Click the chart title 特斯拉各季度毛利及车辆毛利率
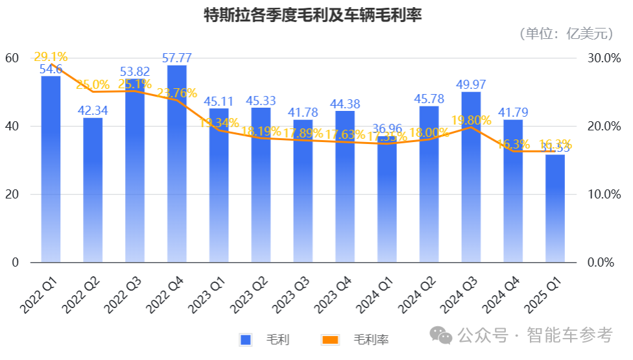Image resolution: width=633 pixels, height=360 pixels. [x=313, y=15]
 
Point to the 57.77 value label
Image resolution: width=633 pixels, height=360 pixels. [x=177, y=58]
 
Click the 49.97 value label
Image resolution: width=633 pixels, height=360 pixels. [x=472, y=84]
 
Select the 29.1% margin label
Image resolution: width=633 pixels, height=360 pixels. [x=51, y=57]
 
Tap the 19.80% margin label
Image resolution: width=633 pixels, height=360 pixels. [x=472, y=120]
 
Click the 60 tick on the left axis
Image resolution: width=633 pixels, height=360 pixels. [x=12, y=58]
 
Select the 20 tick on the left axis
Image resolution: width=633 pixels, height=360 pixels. [x=12, y=195]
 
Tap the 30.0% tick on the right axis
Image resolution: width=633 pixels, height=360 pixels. [x=600, y=58]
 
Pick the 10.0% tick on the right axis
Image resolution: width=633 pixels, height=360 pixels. [x=600, y=195]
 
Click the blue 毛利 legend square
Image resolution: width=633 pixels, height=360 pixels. [x=245, y=339]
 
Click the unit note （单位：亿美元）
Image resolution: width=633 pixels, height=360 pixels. [x=565, y=34]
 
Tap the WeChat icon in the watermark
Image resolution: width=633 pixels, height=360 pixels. [x=444, y=335]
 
